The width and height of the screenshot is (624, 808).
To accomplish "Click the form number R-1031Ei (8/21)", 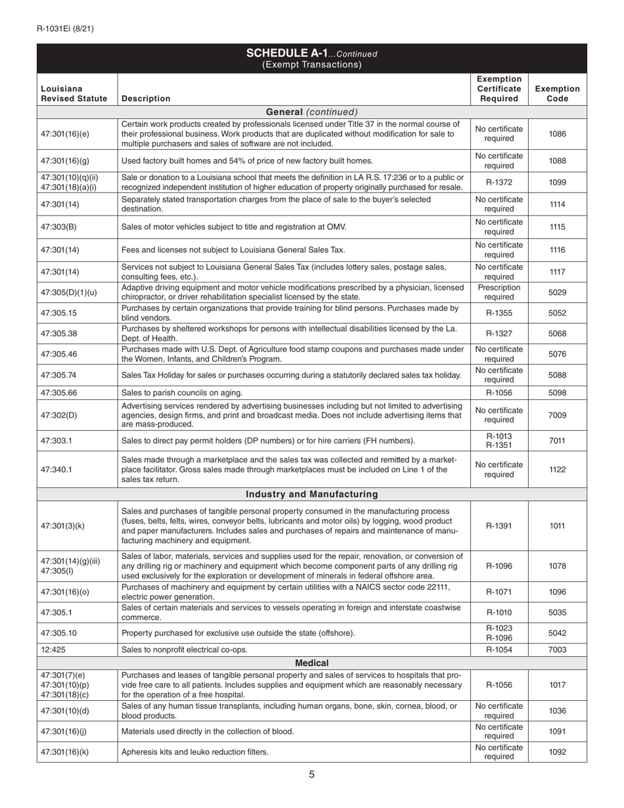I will [65, 28].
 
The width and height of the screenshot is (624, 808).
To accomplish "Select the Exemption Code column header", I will [557, 93].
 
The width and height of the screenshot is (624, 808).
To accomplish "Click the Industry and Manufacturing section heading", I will [311, 494].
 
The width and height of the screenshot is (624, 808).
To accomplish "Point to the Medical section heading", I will [311, 663].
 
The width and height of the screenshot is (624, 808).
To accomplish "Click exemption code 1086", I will [557, 134].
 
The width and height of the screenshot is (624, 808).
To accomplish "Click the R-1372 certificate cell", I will [499, 183].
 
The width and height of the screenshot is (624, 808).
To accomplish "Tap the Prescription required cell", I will [499, 292].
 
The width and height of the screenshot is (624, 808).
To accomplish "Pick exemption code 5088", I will [557, 375].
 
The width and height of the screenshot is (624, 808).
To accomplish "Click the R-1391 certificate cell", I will [499, 526].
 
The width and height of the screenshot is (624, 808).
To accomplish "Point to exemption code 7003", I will [557, 650].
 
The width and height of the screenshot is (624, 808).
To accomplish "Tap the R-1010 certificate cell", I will [499, 613].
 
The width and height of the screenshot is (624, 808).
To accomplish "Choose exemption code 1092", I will [557, 752].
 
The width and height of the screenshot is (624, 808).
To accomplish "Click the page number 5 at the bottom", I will [311, 774].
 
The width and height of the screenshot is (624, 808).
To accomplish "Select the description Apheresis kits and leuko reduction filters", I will [195, 752].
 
